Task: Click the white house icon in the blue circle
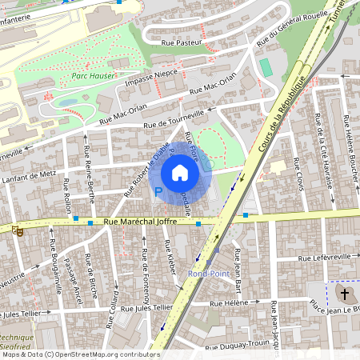click(180, 172)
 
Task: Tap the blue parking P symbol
click(158, 192)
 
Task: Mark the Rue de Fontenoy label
click(146, 276)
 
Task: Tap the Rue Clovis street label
click(299, 173)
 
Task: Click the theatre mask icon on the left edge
click(18, 230)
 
